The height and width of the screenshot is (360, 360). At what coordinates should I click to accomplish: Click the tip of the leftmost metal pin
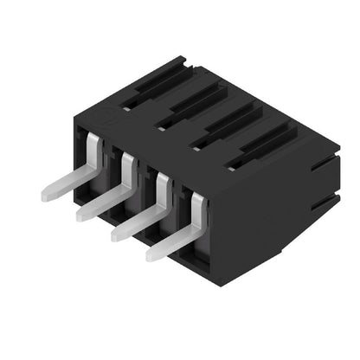pyautogui.click(x=45, y=196)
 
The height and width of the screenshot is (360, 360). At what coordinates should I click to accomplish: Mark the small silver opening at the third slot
pyautogui.click(x=196, y=146)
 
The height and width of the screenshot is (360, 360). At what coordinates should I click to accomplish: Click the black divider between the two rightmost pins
pyautogui.click(x=179, y=203)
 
